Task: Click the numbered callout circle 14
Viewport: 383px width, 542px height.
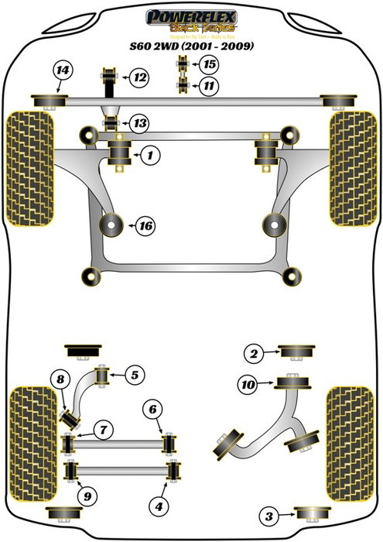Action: coord(62,73)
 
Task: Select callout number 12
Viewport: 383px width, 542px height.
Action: coord(139,77)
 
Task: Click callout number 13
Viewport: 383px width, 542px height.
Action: coord(139,123)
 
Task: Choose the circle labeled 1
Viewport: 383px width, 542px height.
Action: coord(150,156)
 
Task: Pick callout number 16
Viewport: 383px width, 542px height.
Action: coord(144,226)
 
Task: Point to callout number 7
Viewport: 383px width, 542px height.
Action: coord(102,428)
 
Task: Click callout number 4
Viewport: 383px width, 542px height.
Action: coord(159,507)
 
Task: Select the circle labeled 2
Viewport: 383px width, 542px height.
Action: coord(252,355)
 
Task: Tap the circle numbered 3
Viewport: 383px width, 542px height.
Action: coord(268,516)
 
